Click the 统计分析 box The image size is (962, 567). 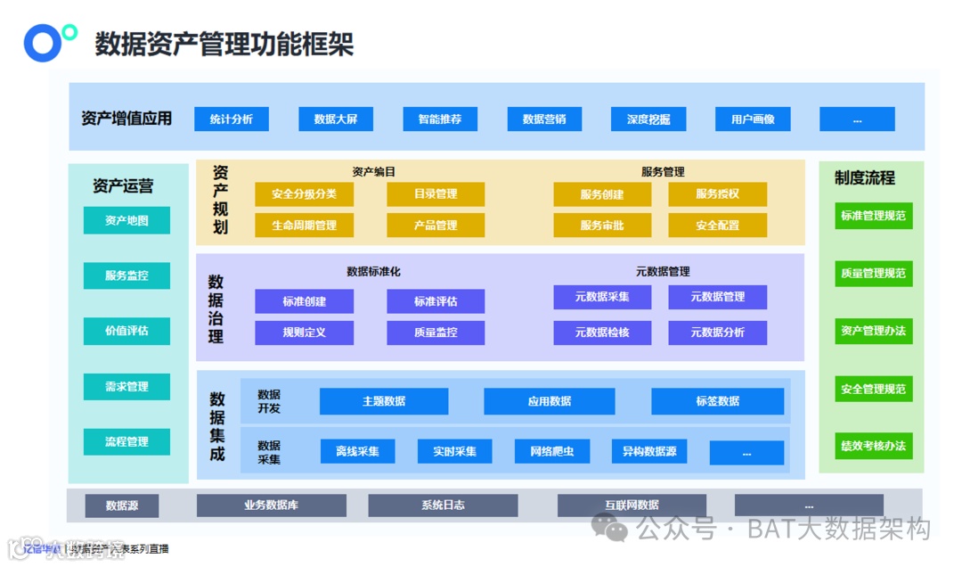232,119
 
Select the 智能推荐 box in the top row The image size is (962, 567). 440,119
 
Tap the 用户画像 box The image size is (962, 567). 753,119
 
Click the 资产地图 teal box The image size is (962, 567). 126,220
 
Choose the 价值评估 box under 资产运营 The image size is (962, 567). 126,331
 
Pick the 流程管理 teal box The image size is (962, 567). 126,442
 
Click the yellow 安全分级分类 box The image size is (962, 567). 304,194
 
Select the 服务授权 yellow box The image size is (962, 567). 717,194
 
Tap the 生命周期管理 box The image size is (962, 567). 304,226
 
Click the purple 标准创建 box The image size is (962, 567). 304,301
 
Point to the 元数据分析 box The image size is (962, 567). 717,333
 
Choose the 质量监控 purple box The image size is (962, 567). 436,333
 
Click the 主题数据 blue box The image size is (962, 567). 384,401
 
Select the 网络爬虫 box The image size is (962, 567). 552,451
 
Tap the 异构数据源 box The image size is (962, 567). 648,451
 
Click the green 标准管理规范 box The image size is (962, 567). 873,216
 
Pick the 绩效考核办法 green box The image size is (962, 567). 873,446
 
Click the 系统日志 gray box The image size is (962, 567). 443,505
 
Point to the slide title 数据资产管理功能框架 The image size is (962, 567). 224,44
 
